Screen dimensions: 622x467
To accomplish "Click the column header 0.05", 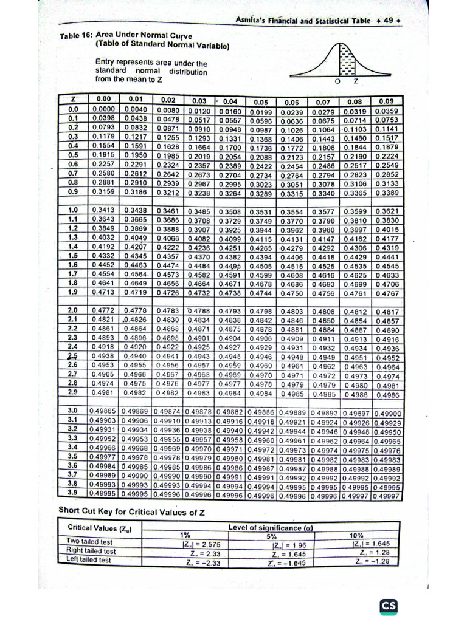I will (x=261, y=101).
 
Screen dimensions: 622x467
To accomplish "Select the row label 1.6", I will (x=72, y=265).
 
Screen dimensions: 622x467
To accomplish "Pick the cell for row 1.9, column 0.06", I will (x=292, y=293).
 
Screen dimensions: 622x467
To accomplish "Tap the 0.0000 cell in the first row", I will (x=105, y=109).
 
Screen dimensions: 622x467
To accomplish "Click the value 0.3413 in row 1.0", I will (x=104, y=210).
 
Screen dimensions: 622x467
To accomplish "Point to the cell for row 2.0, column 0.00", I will (x=104, y=311).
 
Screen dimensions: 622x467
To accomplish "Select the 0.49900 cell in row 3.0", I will (x=387, y=413).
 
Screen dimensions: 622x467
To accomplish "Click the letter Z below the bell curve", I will (x=356, y=81).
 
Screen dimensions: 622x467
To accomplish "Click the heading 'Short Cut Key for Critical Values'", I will (x=131, y=511).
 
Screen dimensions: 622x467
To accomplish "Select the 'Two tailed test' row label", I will (x=89, y=541).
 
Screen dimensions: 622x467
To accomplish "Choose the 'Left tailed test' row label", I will (x=88, y=560).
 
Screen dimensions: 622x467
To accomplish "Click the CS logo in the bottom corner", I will (x=389, y=606).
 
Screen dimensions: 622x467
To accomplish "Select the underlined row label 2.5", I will (x=72, y=356).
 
